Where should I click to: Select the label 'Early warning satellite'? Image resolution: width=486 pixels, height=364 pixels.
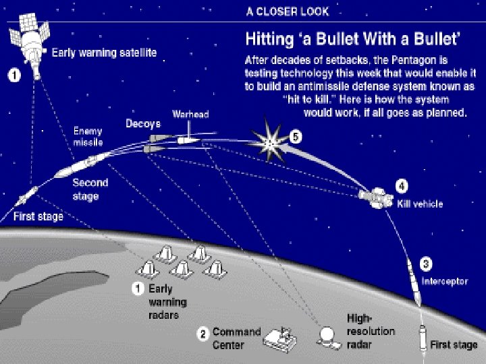[105, 53]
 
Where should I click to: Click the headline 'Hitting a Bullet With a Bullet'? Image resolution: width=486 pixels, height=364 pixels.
[354, 38]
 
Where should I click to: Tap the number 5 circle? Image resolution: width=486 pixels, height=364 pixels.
[295, 137]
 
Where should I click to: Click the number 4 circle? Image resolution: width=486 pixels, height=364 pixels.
[401, 185]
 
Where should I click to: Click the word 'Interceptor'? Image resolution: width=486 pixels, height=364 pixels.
[444, 282]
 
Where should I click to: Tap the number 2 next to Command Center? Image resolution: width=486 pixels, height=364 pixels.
[202, 334]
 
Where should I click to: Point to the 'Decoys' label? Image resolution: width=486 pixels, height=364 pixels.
[142, 124]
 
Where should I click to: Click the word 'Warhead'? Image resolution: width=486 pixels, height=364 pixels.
[190, 115]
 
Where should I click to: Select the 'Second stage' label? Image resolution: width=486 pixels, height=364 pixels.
[89, 189]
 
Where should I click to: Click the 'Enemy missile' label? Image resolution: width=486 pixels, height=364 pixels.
[88, 137]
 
